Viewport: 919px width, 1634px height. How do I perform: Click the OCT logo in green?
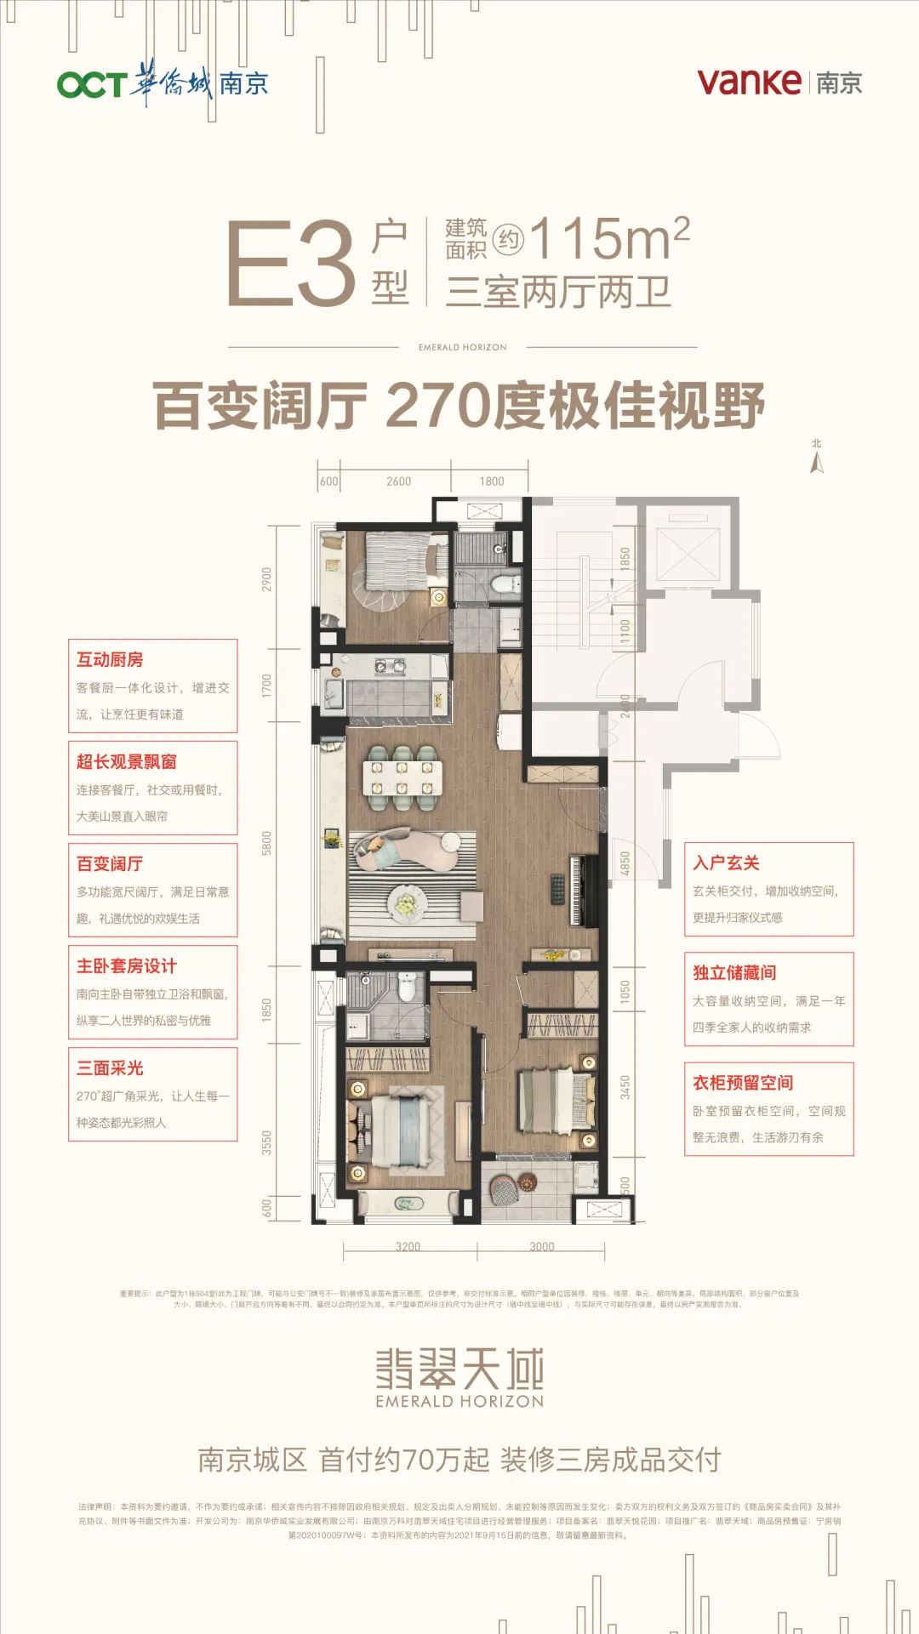click(x=91, y=84)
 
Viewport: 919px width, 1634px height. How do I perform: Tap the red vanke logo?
click(x=749, y=82)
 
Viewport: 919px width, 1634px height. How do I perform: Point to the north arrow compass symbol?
click(x=817, y=460)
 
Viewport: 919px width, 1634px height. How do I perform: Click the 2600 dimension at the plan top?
click(x=398, y=481)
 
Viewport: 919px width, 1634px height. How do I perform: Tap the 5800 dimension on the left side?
click(x=266, y=843)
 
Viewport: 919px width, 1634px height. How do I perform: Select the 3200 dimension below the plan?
click(x=408, y=1247)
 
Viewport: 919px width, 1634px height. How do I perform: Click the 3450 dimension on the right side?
click(x=625, y=1087)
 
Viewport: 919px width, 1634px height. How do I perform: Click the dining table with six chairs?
click(x=401, y=777)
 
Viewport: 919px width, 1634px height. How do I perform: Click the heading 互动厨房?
click(x=110, y=659)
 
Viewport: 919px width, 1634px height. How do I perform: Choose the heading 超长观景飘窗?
click(x=127, y=761)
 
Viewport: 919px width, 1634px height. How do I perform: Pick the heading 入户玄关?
click(x=726, y=863)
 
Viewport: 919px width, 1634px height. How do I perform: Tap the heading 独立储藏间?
click(x=734, y=972)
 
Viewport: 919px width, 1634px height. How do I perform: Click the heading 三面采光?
click(x=110, y=1068)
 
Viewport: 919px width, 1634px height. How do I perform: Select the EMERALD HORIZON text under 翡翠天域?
click(x=459, y=1401)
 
